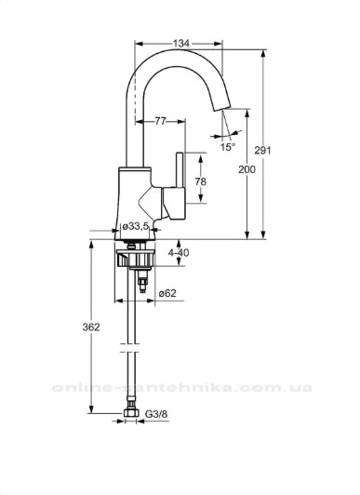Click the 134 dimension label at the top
point(181,43)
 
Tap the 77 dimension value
point(160,121)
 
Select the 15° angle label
point(228,147)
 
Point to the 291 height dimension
point(262,151)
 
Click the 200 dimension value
point(247,169)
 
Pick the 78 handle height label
point(200,181)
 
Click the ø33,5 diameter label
point(135,226)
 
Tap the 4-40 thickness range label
point(179,252)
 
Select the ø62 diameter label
point(167,293)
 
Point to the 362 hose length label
point(91,328)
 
